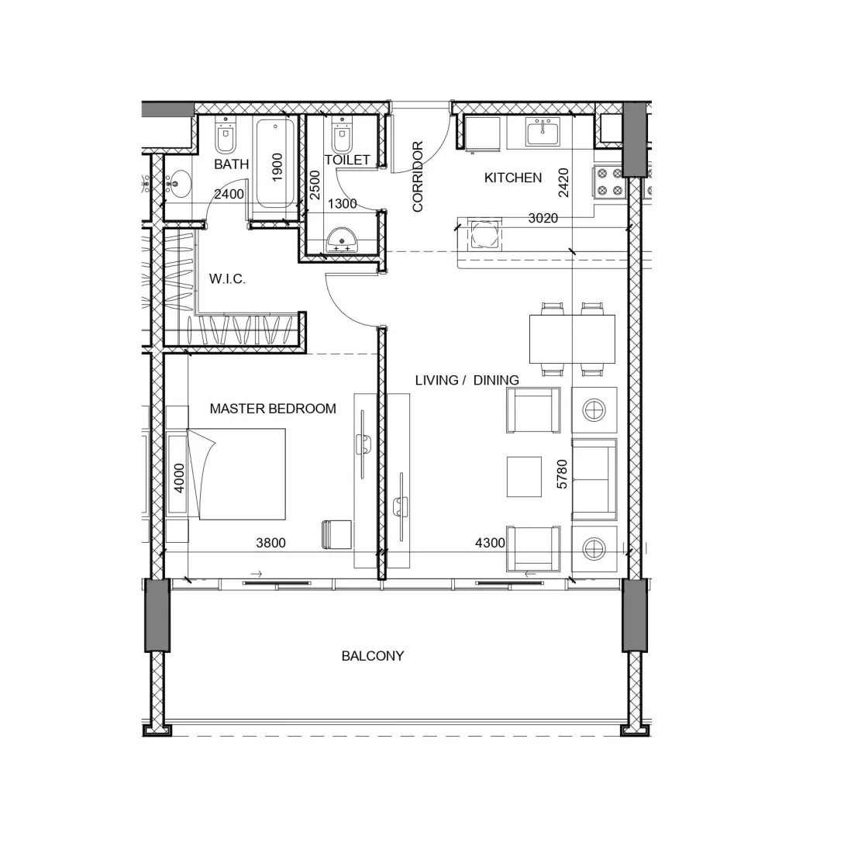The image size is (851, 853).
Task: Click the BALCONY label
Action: coord(372,656)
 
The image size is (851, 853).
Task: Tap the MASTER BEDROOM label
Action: coord(273,409)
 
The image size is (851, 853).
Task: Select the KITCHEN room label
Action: coord(512,178)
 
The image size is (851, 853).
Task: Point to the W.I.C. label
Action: coord(227,279)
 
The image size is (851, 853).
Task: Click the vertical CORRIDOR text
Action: coord(418,176)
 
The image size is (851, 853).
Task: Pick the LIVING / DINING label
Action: coord(467,380)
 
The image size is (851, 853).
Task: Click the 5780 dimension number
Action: coord(563,474)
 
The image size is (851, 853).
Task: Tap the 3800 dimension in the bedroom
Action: coord(270,543)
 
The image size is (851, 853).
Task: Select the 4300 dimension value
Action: coord(490,543)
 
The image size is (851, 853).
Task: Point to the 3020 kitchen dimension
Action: coord(543,219)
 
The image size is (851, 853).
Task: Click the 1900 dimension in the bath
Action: coord(277,167)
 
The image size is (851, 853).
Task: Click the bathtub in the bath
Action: coord(275,164)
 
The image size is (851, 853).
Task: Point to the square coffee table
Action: coord(525,476)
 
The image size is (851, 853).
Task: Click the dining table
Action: coord(572,339)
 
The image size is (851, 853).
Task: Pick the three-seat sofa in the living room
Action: coord(594,479)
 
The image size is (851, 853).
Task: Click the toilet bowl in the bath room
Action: coord(226,139)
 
